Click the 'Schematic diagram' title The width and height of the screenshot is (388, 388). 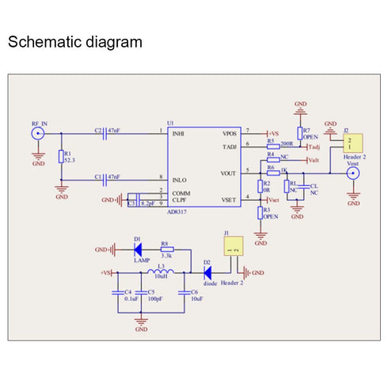[75, 42]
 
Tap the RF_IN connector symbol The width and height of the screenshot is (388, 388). [38, 135]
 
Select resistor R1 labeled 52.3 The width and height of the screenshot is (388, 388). [61, 157]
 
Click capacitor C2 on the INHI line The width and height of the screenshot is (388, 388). [107, 134]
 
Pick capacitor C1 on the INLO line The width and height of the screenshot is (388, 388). [107, 181]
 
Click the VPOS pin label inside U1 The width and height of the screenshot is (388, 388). [229, 133]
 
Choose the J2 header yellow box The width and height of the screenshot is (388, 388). [351, 143]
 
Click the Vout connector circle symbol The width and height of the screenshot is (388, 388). [354, 173]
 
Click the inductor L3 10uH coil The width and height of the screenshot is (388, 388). [161, 273]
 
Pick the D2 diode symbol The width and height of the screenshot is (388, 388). [207, 273]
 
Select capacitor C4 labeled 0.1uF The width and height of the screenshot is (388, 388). [118, 291]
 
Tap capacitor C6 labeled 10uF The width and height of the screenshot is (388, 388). [184, 291]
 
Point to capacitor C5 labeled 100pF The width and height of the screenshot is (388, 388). [142, 291]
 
